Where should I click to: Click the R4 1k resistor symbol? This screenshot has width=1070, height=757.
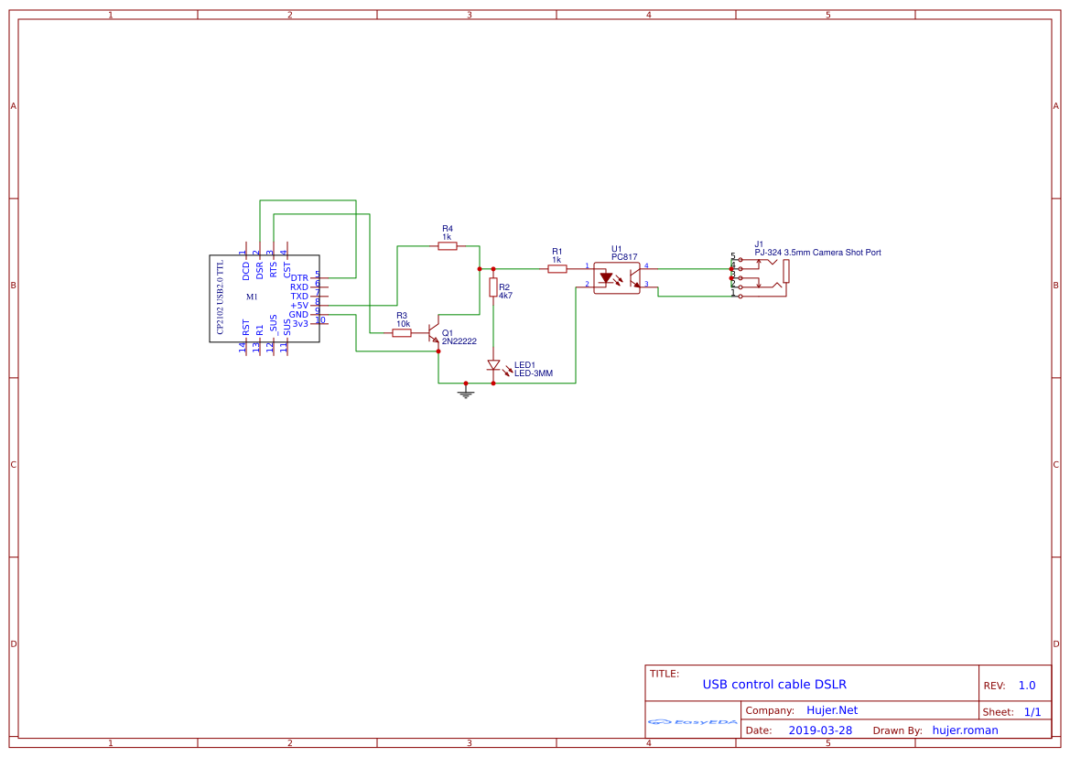[448, 246]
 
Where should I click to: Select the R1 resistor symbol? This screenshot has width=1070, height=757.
[557, 269]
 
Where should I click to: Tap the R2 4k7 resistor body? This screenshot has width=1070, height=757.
[493, 287]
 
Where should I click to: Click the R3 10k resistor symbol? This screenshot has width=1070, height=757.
[402, 333]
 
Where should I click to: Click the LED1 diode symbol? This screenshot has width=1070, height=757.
[493, 365]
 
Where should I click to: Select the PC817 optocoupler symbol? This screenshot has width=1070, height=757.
[618, 277]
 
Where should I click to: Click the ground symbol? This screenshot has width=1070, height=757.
[466, 393]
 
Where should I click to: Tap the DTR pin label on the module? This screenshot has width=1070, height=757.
[299, 277]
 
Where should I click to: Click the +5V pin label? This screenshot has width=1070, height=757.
[299, 305]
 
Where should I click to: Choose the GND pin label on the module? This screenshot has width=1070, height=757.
[298, 314]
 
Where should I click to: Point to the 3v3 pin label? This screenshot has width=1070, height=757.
[300, 323]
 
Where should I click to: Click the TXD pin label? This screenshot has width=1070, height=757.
[299, 296]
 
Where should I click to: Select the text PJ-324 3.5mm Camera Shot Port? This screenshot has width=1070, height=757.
[817, 253]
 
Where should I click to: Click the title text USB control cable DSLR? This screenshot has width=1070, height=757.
[774, 685]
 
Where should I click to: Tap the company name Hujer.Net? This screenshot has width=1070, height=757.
[832, 710]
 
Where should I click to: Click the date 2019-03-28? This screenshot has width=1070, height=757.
[820, 730]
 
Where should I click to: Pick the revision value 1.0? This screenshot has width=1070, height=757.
[1027, 686]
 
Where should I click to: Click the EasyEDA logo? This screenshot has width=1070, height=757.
[693, 721]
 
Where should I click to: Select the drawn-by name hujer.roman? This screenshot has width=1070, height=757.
[965, 730]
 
